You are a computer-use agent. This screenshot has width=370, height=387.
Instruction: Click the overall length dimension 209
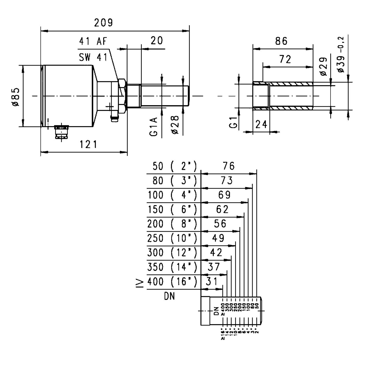click(103, 23)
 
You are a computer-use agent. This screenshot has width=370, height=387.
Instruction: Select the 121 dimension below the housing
click(88, 144)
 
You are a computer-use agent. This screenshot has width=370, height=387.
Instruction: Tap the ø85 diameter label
click(16, 97)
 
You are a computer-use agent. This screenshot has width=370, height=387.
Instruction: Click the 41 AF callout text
click(93, 41)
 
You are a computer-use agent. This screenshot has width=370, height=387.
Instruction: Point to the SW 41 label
click(93, 57)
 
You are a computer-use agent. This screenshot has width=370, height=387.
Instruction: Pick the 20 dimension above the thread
click(157, 41)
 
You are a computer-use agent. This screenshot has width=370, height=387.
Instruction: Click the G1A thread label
click(153, 126)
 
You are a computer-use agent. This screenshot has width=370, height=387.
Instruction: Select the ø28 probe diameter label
click(175, 125)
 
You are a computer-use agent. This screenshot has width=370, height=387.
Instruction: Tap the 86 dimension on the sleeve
click(281, 41)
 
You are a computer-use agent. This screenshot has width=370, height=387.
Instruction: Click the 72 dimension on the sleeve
click(285, 59)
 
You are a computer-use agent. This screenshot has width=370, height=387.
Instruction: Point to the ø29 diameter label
click(323, 67)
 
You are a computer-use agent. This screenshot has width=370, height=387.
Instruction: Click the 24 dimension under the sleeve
click(261, 125)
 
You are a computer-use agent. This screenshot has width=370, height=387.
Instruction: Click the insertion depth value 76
click(228, 166)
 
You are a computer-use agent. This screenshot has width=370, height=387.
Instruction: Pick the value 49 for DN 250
click(218, 238)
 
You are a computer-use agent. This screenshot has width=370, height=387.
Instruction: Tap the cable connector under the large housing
click(61, 131)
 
